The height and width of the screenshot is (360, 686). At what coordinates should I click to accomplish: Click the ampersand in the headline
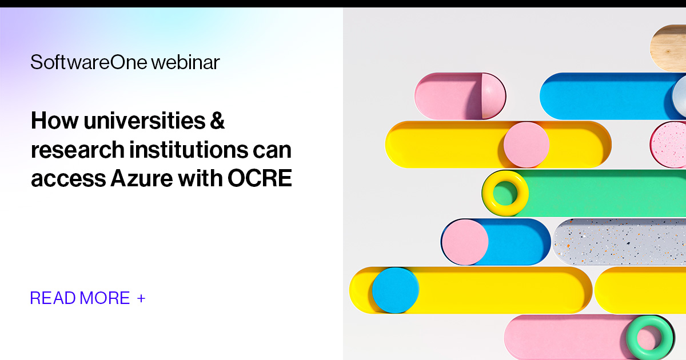217,121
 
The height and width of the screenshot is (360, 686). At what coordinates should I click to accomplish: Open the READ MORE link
80,298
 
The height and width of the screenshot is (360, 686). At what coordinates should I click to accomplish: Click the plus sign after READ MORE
141,298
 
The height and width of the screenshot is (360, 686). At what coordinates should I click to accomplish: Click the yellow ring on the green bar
505,193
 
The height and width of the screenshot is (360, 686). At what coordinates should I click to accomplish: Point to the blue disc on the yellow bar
395,290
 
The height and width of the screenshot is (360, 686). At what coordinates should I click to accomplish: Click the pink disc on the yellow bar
526,145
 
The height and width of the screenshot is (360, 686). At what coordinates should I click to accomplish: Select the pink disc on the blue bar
465,242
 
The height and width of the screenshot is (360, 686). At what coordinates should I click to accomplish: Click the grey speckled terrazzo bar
620,242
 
